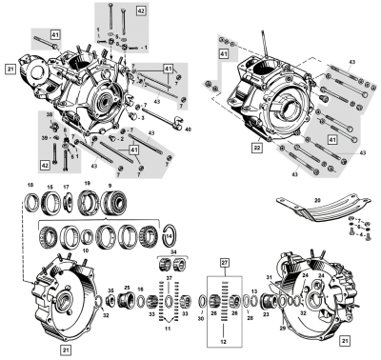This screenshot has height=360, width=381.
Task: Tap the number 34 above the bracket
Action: pos(171,252)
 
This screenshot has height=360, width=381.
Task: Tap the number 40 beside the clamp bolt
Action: pos(189,130)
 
